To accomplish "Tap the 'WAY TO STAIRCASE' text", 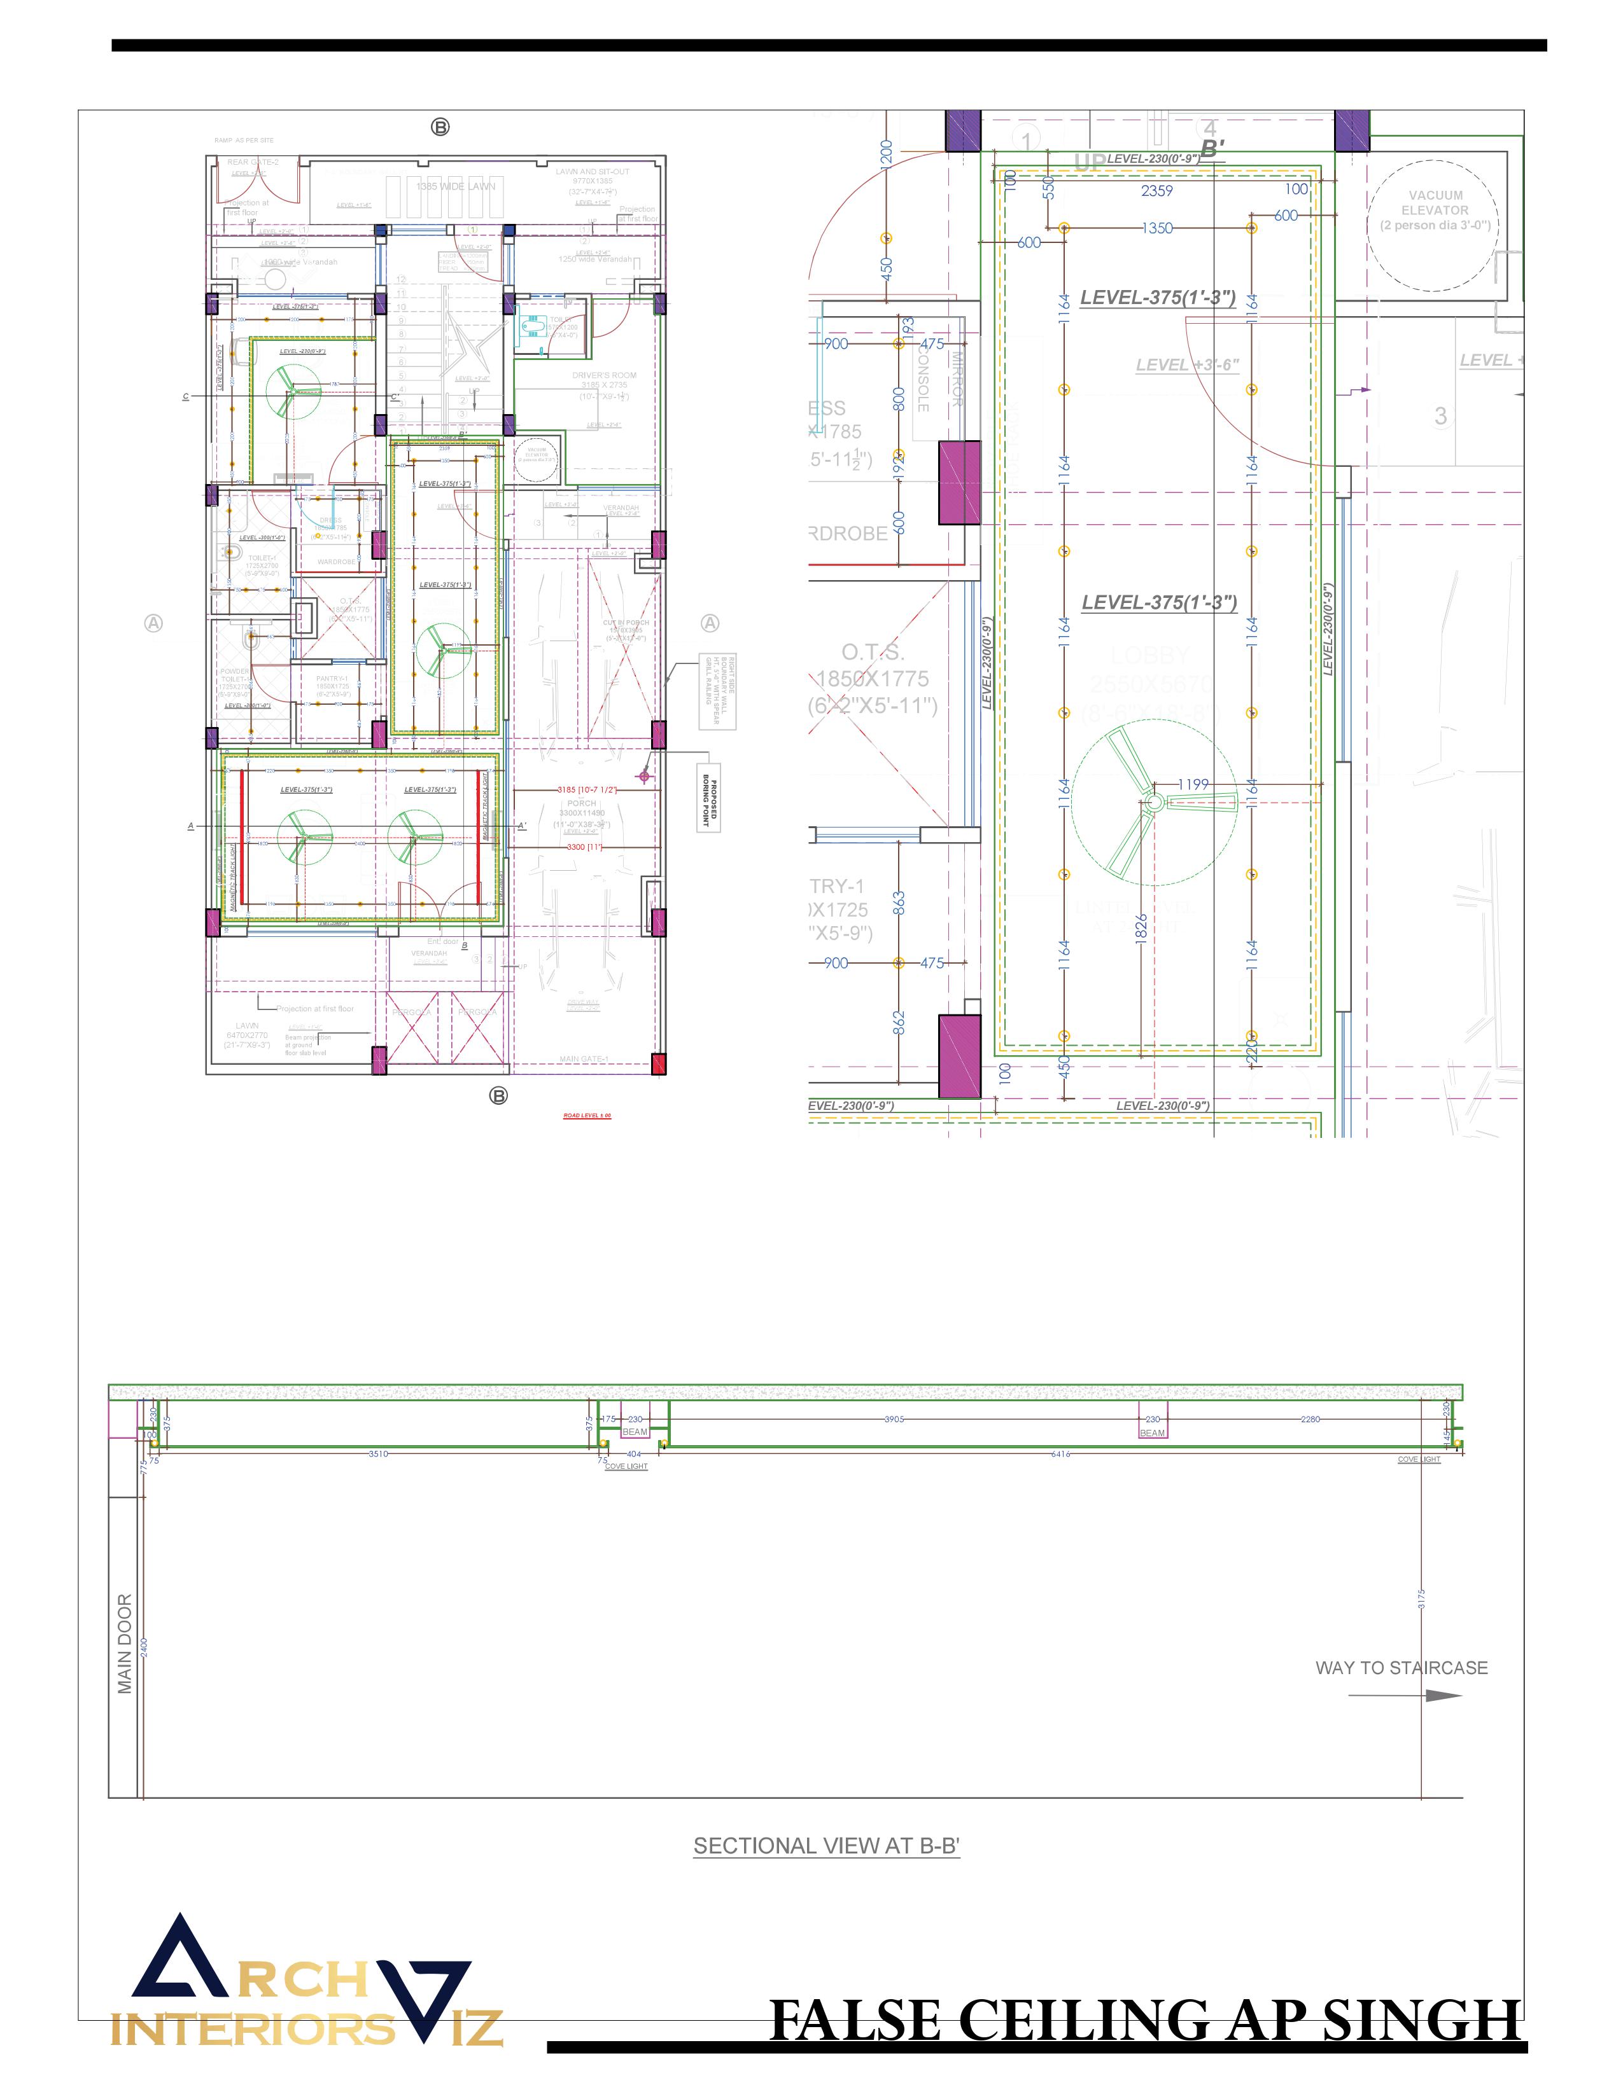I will click(x=1401, y=1668).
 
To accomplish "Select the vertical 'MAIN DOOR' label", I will click(x=125, y=1644).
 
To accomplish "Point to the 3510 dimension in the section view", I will click(x=378, y=1454).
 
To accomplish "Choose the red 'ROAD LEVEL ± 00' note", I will click(x=587, y=1116).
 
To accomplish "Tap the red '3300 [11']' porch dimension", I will click(x=582, y=847).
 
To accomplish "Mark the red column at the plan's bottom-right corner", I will click(x=659, y=1064).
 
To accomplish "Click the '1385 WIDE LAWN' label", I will click(x=456, y=186).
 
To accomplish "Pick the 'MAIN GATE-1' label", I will click(x=584, y=1059).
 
